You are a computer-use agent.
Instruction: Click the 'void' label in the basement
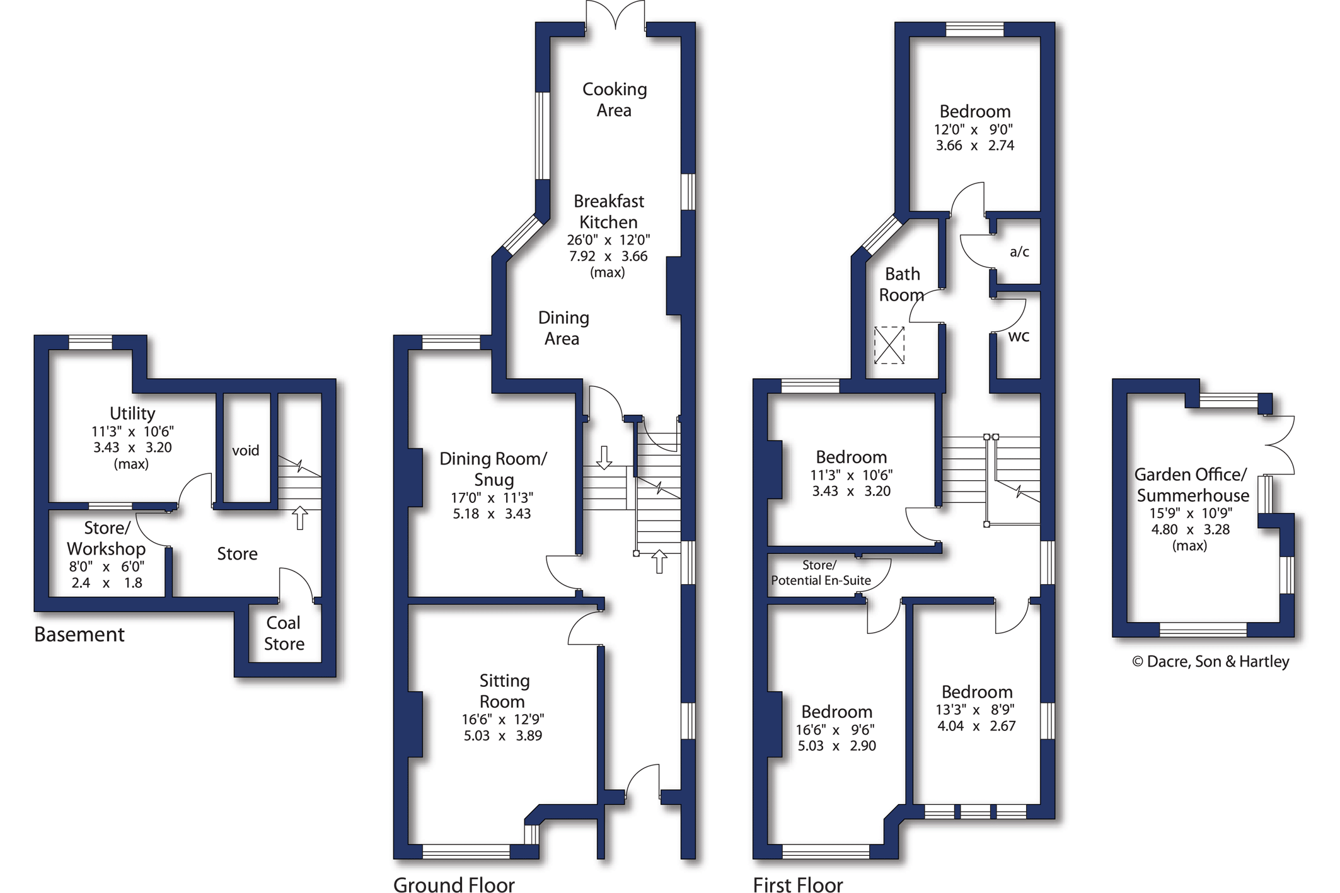tap(245, 451)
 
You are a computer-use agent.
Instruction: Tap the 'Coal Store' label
tap(284, 633)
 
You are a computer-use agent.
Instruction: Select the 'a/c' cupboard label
tap(1019, 252)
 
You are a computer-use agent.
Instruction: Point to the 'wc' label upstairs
tap(1019, 337)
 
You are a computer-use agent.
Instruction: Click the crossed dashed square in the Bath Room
tap(889, 345)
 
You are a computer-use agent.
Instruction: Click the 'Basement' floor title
tap(79, 635)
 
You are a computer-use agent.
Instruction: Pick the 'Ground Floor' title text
tap(454, 884)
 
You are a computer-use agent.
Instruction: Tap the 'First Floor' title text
tap(798, 884)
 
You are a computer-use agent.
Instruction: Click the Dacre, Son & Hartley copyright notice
tap(1211, 661)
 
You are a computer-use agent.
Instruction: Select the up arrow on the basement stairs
tap(300, 518)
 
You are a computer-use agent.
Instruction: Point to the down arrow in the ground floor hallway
tap(604, 458)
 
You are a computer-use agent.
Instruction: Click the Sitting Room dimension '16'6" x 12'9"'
tap(502, 719)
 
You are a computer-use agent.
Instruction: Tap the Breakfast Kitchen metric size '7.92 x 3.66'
tap(608, 256)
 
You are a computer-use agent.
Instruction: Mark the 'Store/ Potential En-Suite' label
tap(821, 573)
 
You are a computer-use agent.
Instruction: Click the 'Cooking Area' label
tap(615, 100)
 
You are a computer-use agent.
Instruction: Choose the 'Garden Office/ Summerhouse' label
tap(1192, 485)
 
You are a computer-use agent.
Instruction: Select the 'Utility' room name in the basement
tap(132, 413)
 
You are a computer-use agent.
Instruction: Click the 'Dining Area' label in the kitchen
tap(563, 328)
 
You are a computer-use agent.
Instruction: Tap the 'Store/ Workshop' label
tap(106, 538)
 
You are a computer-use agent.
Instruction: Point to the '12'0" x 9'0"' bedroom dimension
tap(974, 130)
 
